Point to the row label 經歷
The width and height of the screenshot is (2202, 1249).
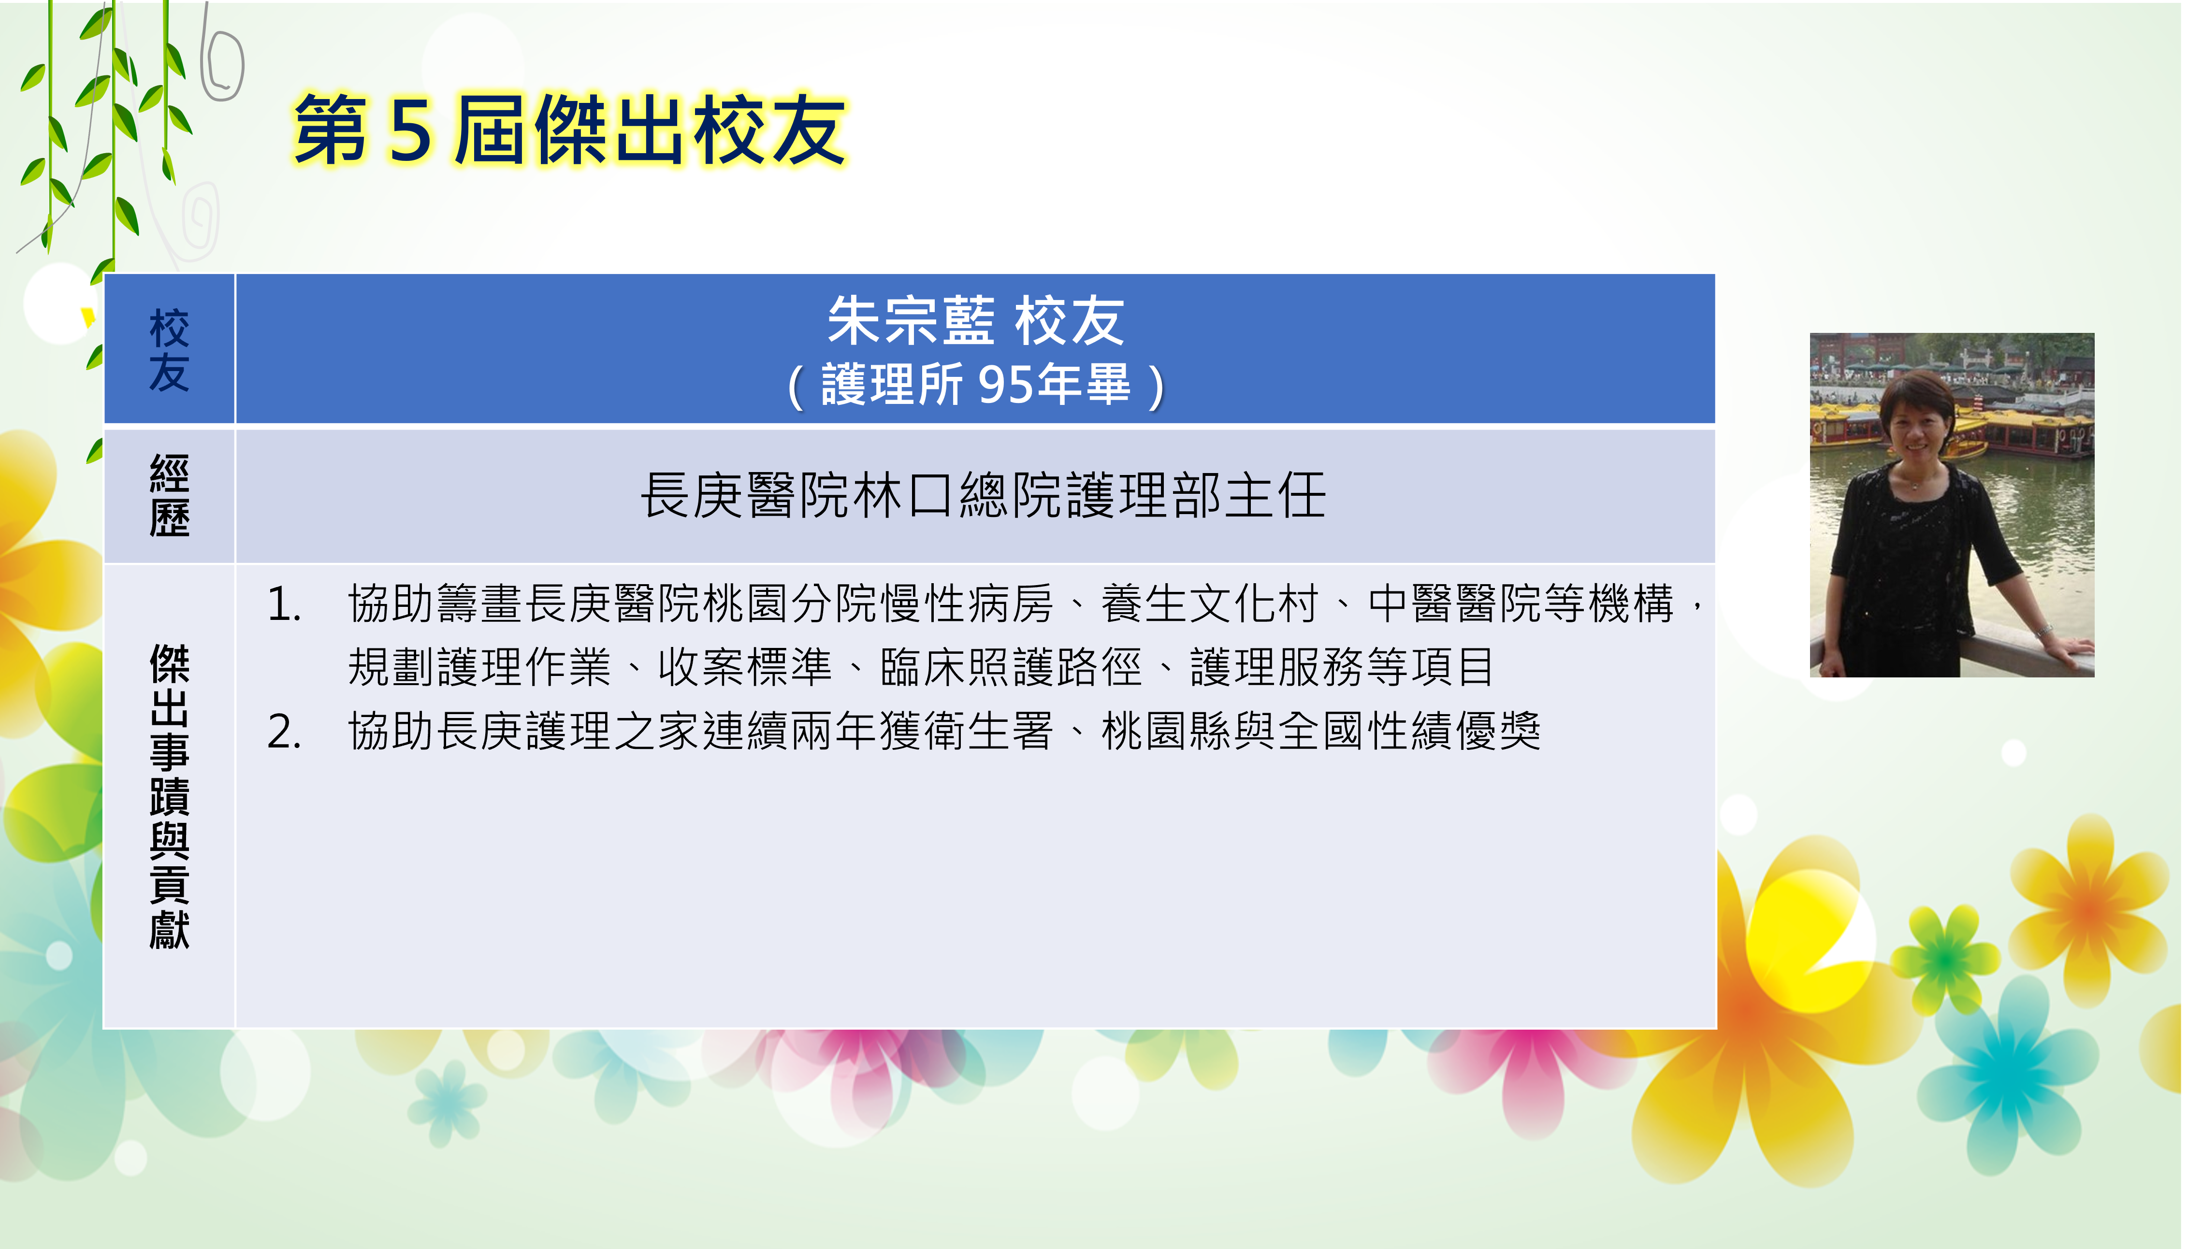(x=169, y=496)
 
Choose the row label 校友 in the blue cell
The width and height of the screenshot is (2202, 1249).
(x=169, y=350)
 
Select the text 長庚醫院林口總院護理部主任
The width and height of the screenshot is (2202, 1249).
(x=983, y=496)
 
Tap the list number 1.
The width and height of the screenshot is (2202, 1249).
(x=283, y=604)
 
